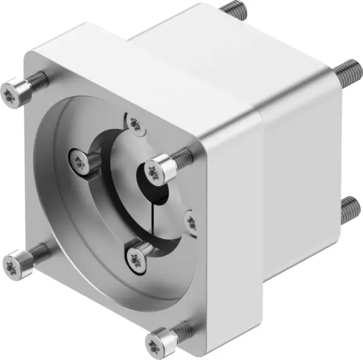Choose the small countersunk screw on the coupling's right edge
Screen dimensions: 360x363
pos(191,221)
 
